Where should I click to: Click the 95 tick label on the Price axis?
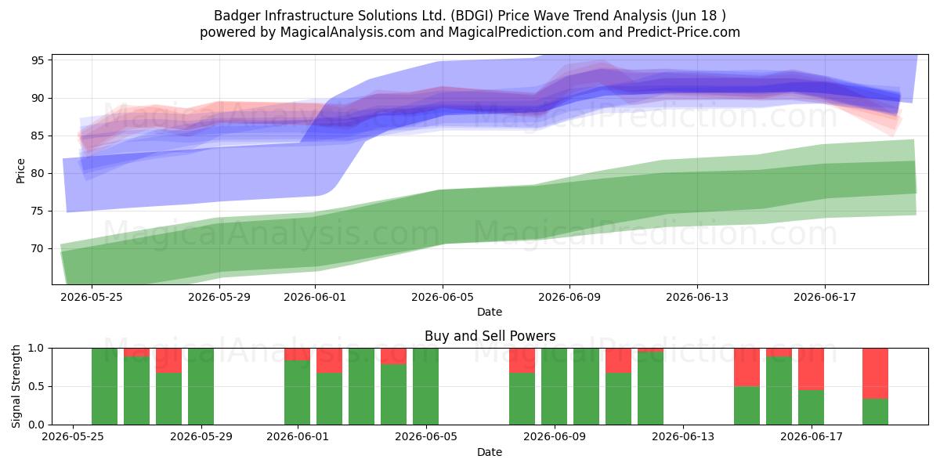pos(38,60)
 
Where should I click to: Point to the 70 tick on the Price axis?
pos(38,249)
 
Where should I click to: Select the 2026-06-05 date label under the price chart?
pos(443,297)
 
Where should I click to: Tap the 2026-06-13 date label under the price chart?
pos(697,297)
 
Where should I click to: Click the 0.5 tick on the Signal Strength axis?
pos(36,386)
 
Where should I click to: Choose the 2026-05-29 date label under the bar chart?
pos(201,436)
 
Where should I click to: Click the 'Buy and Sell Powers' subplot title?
pos(490,336)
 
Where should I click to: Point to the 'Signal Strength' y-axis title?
pos(16,386)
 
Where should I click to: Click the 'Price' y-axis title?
pos(20,171)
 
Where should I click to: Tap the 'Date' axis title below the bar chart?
pos(490,452)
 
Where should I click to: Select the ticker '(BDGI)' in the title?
pos(472,16)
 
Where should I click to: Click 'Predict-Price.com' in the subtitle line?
pos(684,32)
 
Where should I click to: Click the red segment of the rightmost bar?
pos(876,374)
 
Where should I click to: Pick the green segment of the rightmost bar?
pos(876,412)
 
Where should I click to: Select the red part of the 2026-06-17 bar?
pos(812,369)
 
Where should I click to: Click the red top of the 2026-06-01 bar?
pos(297,354)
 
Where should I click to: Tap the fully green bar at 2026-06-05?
pos(425,386)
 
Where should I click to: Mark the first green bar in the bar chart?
pos(104,386)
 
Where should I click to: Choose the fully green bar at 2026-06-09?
pos(555,386)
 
